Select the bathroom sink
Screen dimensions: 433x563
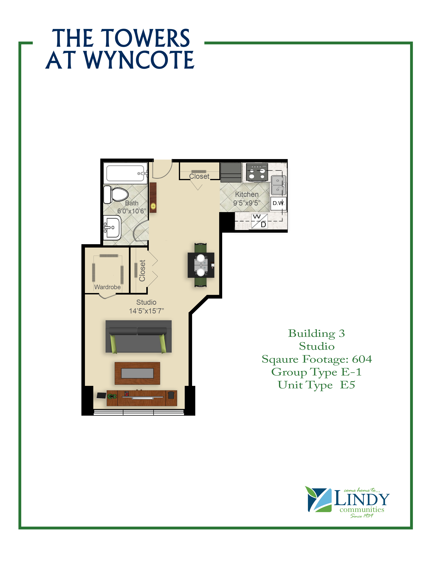tap(112, 228)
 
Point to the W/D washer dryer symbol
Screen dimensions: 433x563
tap(259, 221)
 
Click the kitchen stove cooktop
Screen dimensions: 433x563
tap(257, 172)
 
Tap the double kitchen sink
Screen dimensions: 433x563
tap(279, 185)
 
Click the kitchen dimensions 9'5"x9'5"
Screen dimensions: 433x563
tap(247, 203)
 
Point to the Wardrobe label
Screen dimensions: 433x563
tap(107, 287)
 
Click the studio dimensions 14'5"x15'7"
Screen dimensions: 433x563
tap(146, 311)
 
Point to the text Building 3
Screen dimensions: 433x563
tap(316, 333)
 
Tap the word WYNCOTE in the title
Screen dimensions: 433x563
tap(139, 60)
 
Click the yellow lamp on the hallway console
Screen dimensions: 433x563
tap(153, 206)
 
